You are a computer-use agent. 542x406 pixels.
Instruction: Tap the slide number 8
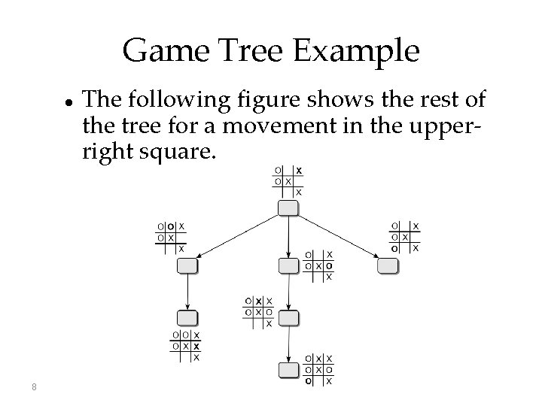point(35,387)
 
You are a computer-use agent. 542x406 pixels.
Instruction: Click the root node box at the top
point(288,208)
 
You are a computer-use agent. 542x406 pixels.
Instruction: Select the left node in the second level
point(187,265)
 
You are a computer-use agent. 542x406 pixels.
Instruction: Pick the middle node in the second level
point(288,265)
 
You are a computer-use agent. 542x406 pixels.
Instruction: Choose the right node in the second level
point(388,265)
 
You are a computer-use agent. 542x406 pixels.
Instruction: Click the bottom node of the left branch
point(187,317)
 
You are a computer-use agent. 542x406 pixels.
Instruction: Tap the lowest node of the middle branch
point(288,370)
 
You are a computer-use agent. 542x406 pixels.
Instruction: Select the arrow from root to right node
point(338,236)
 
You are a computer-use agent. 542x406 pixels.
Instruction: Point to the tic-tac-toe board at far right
point(406,237)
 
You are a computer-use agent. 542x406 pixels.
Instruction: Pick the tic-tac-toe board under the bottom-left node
point(186,346)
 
